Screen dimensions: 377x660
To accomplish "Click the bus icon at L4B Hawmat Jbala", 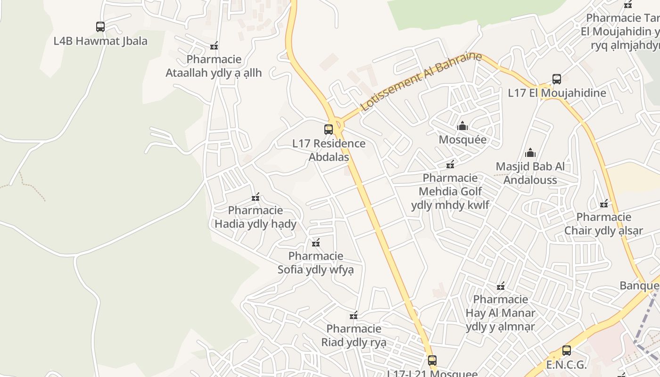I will click(100, 27).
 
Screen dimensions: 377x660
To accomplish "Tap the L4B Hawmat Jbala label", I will click(100, 41).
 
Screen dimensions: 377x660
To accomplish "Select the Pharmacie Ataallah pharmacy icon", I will click(214, 46).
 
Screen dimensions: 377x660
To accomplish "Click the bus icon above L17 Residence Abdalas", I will click(329, 129).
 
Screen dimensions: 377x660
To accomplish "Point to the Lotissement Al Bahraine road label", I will click(421, 82).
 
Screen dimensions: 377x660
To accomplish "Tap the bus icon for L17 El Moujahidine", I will click(557, 79).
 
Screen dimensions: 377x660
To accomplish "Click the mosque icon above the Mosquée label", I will click(462, 126).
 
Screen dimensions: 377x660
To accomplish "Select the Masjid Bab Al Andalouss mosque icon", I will click(530, 153).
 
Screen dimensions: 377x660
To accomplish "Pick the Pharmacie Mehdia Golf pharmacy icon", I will click(450, 164).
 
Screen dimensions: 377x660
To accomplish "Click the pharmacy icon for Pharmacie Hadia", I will click(256, 197).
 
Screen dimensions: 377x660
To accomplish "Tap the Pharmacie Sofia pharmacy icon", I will click(316, 243).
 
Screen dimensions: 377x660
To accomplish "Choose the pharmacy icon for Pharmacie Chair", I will click(604, 204).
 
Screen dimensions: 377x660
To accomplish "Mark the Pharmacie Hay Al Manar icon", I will click(501, 286).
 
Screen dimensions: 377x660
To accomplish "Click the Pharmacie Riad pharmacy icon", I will click(354, 315).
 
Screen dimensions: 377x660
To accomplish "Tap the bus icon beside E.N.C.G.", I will click(567, 351).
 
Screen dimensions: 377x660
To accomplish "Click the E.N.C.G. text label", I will click(567, 365).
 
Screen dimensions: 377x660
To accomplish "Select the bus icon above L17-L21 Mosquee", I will click(432, 361).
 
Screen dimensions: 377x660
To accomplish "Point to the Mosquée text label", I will click(462, 140).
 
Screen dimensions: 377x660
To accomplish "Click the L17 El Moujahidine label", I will click(557, 93).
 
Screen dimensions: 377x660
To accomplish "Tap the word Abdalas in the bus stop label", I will click(329, 157).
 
